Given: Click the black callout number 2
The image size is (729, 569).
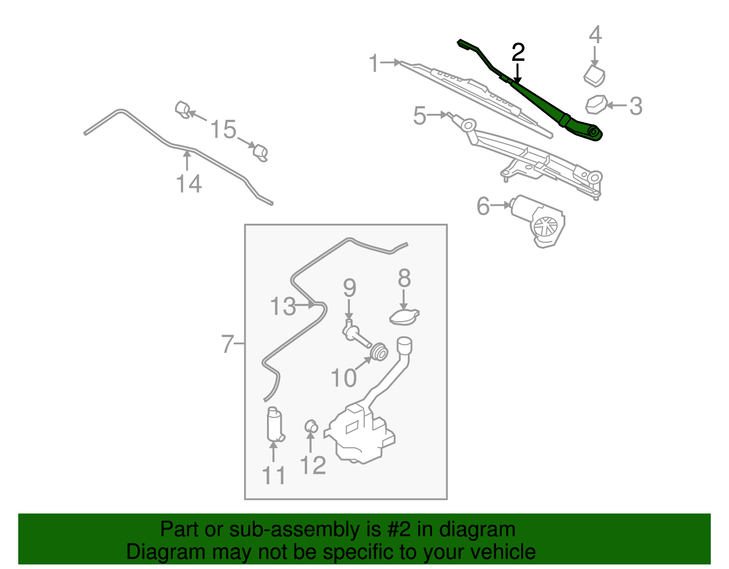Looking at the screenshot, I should [x=518, y=53].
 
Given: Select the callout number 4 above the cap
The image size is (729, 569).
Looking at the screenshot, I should [x=595, y=35].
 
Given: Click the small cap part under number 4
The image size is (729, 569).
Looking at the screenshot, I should [x=595, y=76].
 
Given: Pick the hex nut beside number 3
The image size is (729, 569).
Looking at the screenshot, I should [x=596, y=104].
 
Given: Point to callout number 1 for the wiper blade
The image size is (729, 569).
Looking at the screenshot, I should [x=374, y=63].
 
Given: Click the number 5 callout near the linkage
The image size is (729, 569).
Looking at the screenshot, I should [x=420, y=115].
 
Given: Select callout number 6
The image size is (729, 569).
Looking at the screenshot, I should [x=483, y=206].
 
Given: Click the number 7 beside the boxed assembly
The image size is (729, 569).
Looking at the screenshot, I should [x=227, y=344].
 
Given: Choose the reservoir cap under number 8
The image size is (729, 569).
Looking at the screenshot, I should [x=404, y=317].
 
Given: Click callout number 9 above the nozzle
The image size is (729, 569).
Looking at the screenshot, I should [x=349, y=288].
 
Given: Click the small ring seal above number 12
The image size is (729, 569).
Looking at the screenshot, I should [x=311, y=426].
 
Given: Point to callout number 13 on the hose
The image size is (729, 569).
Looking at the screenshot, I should [x=283, y=307].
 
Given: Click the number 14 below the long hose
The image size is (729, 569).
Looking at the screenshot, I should [x=189, y=184].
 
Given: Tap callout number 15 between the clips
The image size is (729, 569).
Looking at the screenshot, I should [x=223, y=130].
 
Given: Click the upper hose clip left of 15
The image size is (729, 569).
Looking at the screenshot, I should [x=183, y=110].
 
